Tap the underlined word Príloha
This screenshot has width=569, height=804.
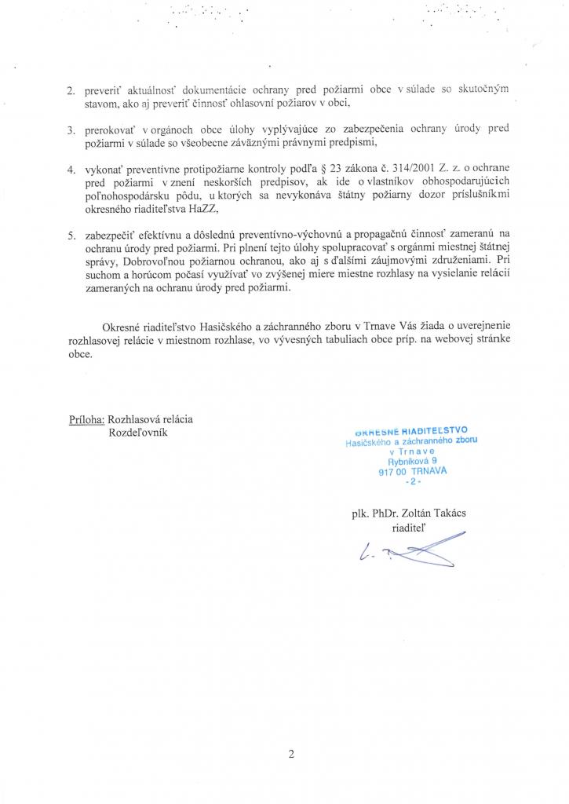pyautogui.click(x=86, y=419)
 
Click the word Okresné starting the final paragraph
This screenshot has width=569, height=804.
pyautogui.click(x=124, y=328)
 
